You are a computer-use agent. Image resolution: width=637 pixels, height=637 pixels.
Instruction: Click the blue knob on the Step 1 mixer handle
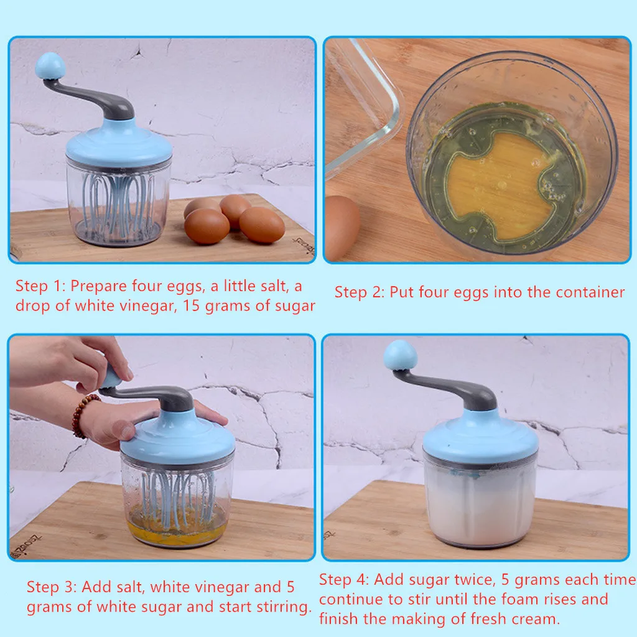tap(50, 66)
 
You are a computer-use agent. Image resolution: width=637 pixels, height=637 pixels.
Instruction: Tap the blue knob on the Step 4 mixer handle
tap(401, 355)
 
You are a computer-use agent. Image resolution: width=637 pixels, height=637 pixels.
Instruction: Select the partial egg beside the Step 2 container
tap(342, 228)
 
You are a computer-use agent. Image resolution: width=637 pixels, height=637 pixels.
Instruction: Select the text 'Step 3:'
tap(52, 587)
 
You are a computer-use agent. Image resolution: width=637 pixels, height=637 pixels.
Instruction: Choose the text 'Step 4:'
tap(343, 580)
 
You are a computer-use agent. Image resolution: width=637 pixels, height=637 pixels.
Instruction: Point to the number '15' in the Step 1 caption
tap(192, 306)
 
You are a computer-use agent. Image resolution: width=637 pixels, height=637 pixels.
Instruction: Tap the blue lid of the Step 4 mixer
tap(481, 437)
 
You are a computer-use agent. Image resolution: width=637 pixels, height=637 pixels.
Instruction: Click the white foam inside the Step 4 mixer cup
tap(480, 508)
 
